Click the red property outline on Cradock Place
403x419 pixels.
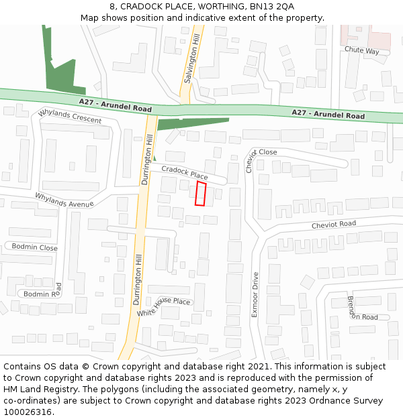pyautogui.click(x=200, y=193)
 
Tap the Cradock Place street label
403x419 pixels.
pyautogui.click(x=185, y=172)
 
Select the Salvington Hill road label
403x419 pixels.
pyautogui.click(x=191, y=60)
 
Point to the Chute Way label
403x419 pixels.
pyautogui.click(x=361, y=51)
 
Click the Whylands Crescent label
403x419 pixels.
pyautogui.click(x=70, y=116)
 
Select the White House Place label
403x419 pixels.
pyautogui.click(x=164, y=306)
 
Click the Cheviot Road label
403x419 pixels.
pyautogui.click(x=333, y=225)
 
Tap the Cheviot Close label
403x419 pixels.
pyautogui.click(x=257, y=157)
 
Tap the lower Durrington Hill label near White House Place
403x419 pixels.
pyautogui.click(x=138, y=280)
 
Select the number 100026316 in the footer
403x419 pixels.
pyautogui.click(x=28, y=412)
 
